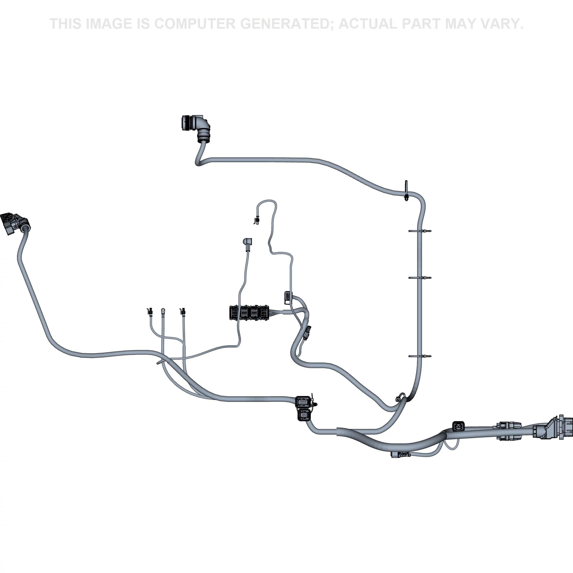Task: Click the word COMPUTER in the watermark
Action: pos(195,24)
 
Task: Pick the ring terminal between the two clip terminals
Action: pos(163,311)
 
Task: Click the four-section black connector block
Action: pos(249,313)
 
